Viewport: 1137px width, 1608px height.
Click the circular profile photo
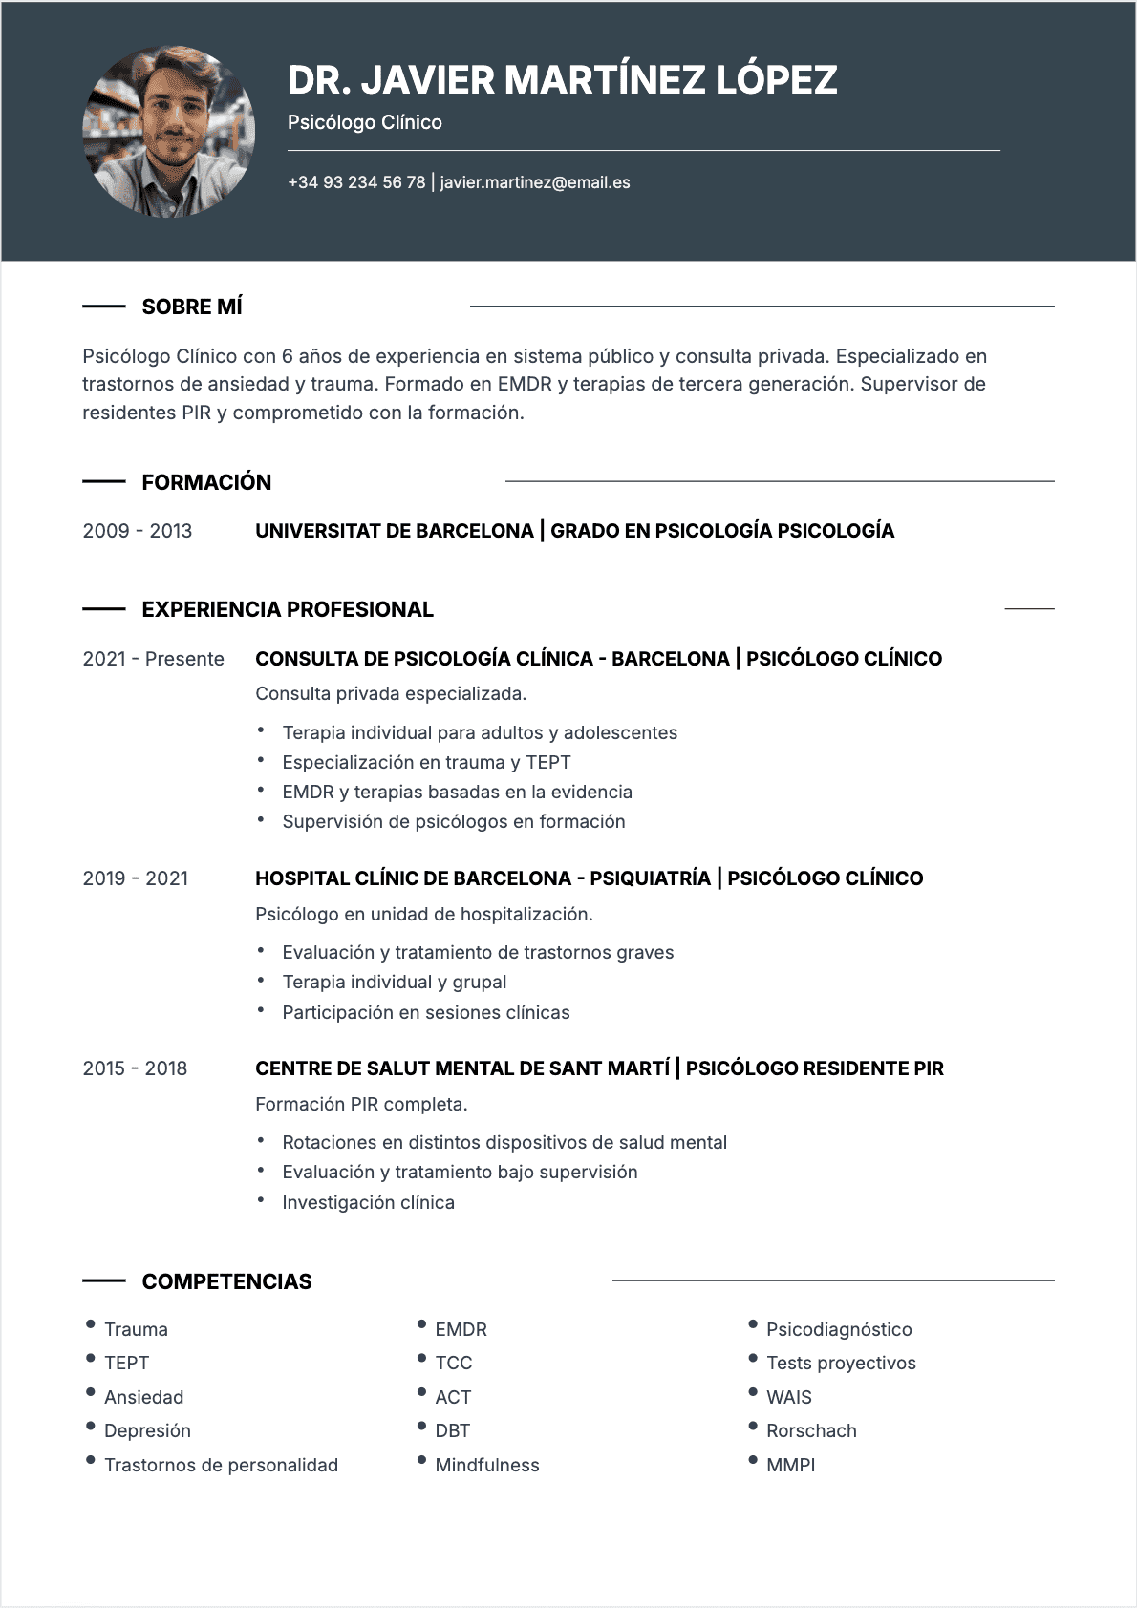pyautogui.click(x=169, y=132)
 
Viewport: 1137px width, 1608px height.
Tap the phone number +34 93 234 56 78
pyautogui.click(x=356, y=182)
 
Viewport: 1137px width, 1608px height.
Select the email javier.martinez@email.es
pyautogui.click(x=535, y=182)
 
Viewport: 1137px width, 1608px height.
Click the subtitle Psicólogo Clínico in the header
pyautogui.click(x=364, y=122)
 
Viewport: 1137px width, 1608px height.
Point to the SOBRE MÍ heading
pyautogui.click(x=192, y=307)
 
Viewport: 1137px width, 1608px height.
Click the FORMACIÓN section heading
pyautogui.click(x=206, y=482)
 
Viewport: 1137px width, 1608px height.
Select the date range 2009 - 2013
pyautogui.click(x=138, y=531)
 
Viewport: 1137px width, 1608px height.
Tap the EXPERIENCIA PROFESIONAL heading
pyautogui.click(x=288, y=609)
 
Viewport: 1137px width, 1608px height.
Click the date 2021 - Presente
pyautogui.click(x=153, y=659)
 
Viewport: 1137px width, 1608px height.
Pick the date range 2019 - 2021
pyautogui.click(x=136, y=878)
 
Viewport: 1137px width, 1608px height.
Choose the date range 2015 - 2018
pyautogui.click(x=135, y=1068)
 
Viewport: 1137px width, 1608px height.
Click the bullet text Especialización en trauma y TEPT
pyautogui.click(x=426, y=762)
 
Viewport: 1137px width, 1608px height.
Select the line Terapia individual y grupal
pyautogui.click(x=394, y=982)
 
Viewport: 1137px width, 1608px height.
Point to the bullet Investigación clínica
pyautogui.click(x=368, y=1202)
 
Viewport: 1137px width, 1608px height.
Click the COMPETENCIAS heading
pyautogui.click(x=226, y=1281)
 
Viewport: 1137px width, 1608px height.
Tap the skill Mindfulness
pyautogui.click(x=486, y=1465)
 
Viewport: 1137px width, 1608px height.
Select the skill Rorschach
pyautogui.click(x=811, y=1430)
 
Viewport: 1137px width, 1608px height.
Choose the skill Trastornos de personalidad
pyautogui.click(x=221, y=1465)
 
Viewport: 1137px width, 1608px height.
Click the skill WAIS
pyautogui.click(x=788, y=1397)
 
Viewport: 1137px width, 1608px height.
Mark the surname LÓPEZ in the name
pyautogui.click(x=776, y=80)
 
